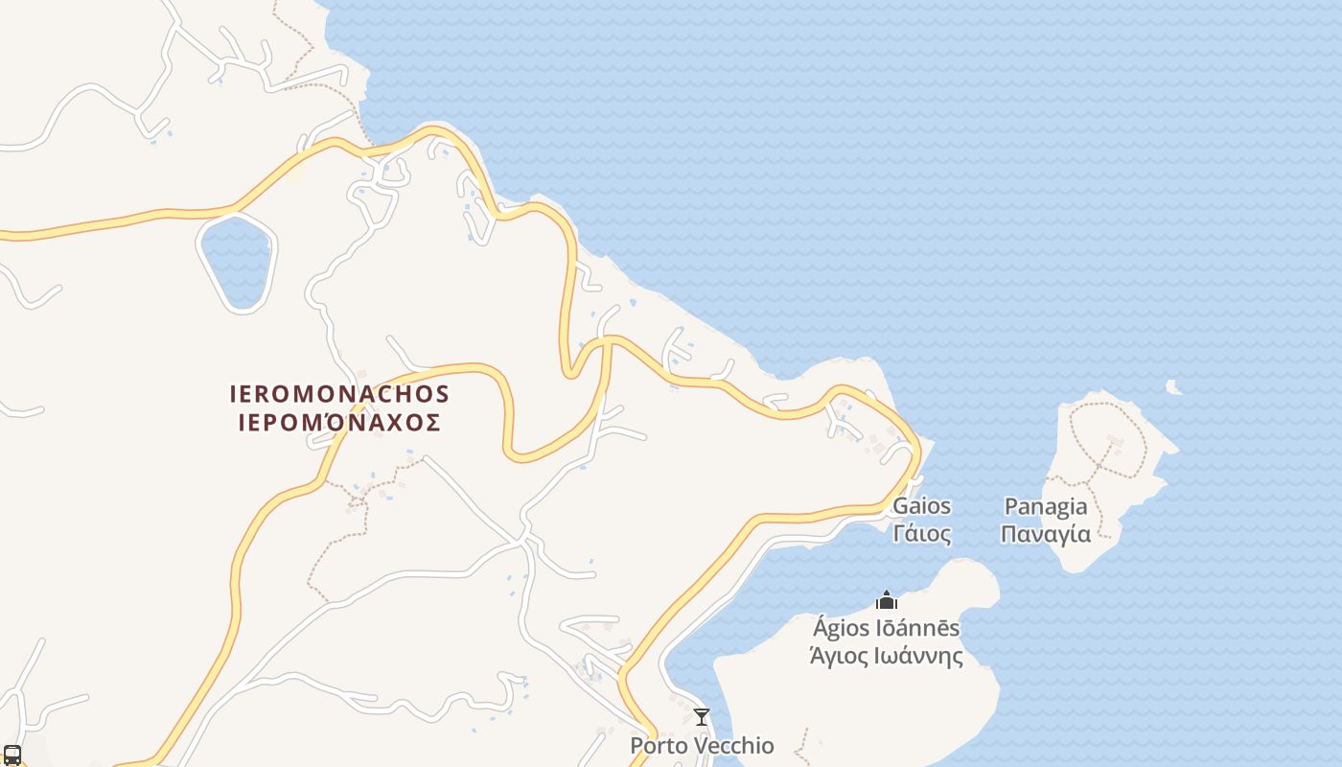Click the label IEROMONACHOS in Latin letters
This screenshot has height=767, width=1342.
pos(339,394)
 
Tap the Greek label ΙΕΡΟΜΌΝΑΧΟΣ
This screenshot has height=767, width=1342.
pos(339,423)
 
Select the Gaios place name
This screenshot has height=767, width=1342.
pos(922,506)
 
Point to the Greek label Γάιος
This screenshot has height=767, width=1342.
pos(922,533)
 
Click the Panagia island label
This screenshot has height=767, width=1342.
pos(1046,506)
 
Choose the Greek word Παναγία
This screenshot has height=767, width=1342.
pos(1046,533)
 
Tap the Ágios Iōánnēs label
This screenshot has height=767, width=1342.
pos(886,629)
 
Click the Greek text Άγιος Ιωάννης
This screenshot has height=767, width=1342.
pos(886,656)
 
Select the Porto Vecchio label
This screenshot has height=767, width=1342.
pos(702,745)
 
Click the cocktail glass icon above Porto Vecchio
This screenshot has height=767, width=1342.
pos(702,716)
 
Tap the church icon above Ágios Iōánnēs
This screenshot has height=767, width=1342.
pos(887,600)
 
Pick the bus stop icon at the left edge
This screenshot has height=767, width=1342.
pos(12,755)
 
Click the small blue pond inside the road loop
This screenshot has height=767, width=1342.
pos(236,261)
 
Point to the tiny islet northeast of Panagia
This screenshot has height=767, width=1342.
pos(1172,386)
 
